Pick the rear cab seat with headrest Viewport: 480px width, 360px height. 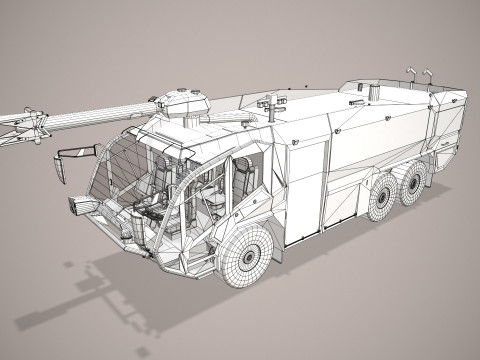coord(243,180)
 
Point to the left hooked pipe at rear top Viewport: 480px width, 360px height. coord(410,75)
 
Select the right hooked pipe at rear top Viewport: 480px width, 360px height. coord(427,76)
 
